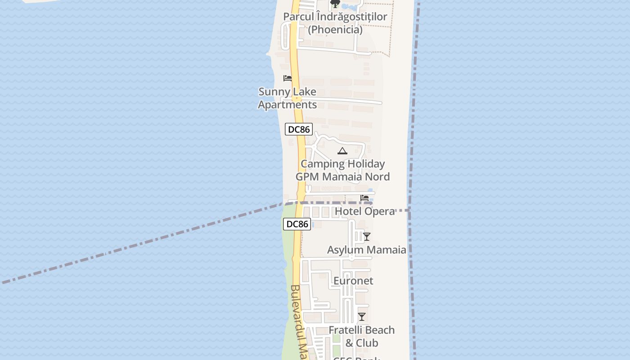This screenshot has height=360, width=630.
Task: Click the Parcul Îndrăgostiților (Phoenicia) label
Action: [x=335, y=23]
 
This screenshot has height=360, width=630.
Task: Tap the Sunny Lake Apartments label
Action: [x=287, y=98]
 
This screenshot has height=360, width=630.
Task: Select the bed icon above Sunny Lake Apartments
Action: [x=288, y=79]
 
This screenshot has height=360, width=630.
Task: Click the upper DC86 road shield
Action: [x=299, y=130]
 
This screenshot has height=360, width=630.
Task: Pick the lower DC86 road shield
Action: [x=297, y=224]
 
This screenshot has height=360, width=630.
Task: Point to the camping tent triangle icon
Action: [x=342, y=151]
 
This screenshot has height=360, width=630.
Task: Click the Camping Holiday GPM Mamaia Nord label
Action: [x=342, y=170]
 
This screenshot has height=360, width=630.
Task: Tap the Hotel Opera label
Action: [x=364, y=211]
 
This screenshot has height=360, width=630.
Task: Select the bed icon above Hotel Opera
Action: [x=364, y=198]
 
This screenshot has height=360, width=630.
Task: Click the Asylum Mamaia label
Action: [x=366, y=250]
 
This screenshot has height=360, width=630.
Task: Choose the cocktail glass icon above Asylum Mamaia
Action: [x=367, y=237]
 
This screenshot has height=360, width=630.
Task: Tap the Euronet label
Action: [x=353, y=281]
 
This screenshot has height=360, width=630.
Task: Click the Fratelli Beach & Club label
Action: [x=361, y=336]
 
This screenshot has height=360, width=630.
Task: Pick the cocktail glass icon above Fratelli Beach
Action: [x=362, y=317]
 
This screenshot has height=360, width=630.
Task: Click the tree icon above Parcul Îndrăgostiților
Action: [x=335, y=4]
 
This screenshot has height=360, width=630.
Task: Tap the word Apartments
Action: [x=287, y=105]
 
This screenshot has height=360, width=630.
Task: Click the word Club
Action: [x=367, y=343]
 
